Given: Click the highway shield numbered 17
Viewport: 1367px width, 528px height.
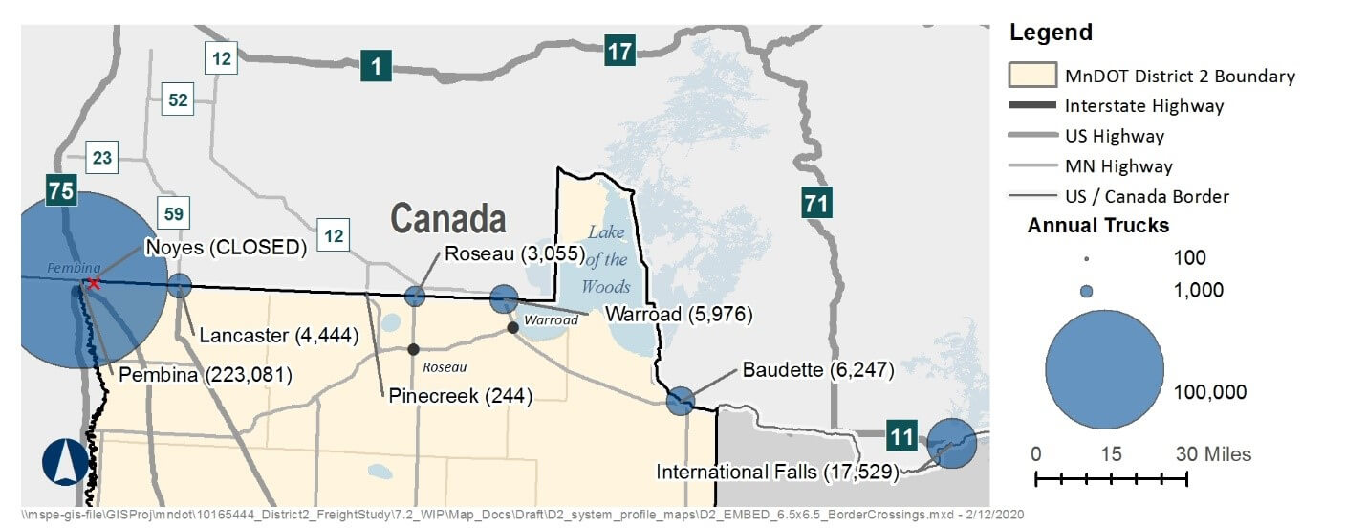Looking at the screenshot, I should click(x=619, y=51).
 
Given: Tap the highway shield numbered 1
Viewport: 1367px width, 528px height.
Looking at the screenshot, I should click(x=376, y=67).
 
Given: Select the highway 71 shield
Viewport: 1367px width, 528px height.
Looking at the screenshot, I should click(x=815, y=203).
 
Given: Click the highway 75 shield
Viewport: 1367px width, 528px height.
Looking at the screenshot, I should click(x=61, y=190).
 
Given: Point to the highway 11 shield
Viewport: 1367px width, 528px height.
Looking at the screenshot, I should click(x=900, y=436).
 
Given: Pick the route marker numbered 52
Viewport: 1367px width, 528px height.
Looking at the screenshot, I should click(x=178, y=99).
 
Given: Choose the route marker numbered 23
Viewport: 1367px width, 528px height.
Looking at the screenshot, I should click(x=102, y=158).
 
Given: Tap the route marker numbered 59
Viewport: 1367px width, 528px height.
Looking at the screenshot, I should click(x=173, y=212).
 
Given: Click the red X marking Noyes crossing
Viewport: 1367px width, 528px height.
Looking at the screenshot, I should click(x=93, y=284).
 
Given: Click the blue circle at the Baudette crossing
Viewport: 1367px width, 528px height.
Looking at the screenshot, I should click(x=680, y=401).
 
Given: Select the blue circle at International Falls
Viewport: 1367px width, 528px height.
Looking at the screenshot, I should click(x=952, y=443).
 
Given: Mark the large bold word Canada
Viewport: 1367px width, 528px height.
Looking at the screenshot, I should click(x=447, y=219).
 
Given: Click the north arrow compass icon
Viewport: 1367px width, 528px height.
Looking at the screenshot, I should click(x=64, y=462).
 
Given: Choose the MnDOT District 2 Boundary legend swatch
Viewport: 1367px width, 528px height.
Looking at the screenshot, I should click(x=1032, y=76).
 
